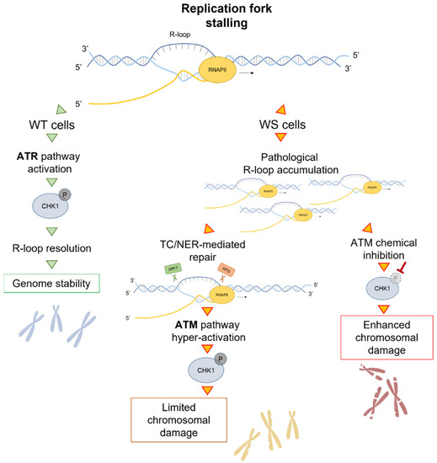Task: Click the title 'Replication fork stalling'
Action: (218, 16)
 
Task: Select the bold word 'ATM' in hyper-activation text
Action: (179, 324)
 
